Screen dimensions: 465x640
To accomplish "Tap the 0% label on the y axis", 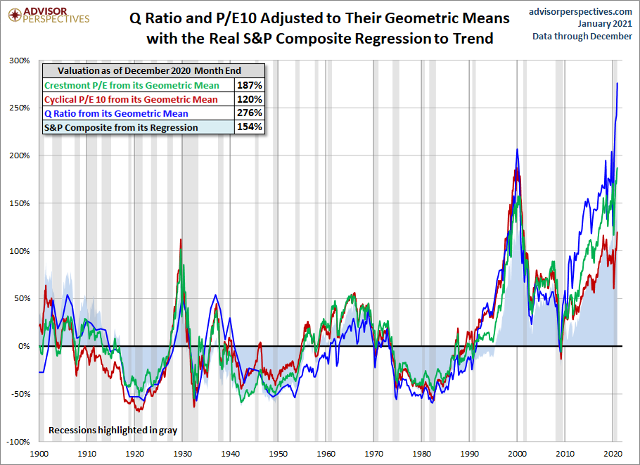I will (25, 346).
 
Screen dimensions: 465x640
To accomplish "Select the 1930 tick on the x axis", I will (182, 454).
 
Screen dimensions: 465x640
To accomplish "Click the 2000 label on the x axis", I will (518, 454).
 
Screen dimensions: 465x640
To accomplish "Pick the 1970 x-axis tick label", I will (374, 454).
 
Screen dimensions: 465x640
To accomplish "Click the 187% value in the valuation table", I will (253, 85).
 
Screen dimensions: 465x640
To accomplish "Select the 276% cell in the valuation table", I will (253, 113).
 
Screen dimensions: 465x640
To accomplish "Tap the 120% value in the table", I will (253, 99).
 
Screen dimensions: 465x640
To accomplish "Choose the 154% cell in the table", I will (253, 127).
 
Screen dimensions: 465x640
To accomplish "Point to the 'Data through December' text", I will (582, 37).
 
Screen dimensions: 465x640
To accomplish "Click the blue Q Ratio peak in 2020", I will (617, 84).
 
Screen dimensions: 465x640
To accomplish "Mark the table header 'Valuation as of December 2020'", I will (149, 71).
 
